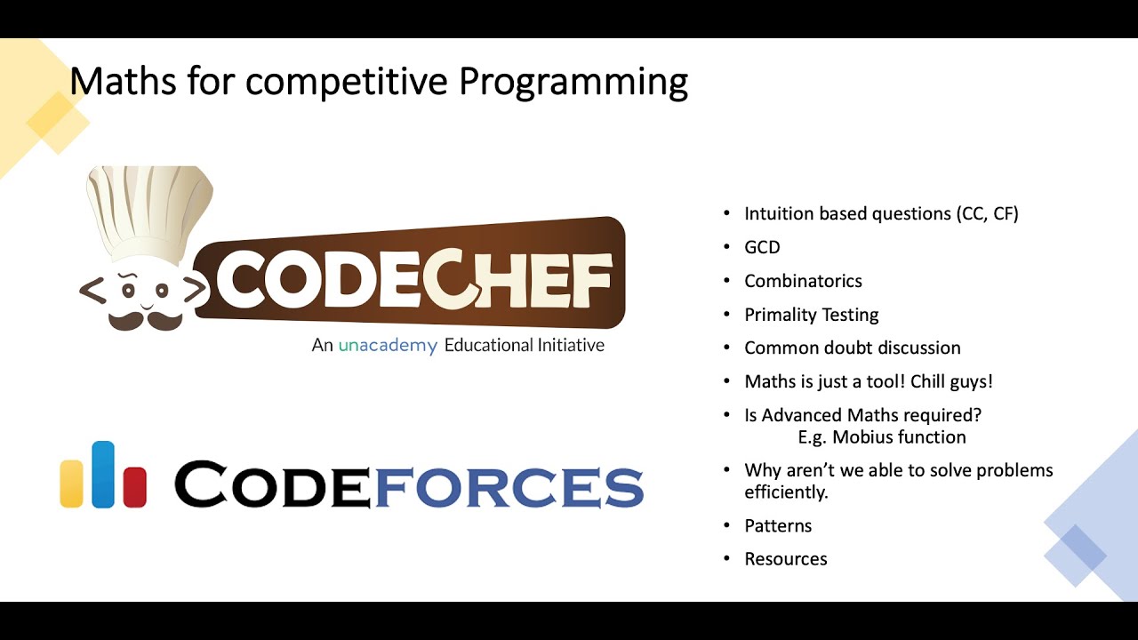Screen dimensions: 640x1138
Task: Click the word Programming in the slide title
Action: [573, 83]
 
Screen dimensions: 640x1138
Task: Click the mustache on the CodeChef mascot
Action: [146, 317]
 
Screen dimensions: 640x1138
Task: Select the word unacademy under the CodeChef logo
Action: [388, 346]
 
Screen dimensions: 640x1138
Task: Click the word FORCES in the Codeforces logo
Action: [508, 485]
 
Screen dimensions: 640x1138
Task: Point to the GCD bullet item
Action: [762, 247]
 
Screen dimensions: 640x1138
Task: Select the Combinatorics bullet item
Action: [803, 281]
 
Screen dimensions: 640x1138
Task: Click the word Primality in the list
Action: [779, 315]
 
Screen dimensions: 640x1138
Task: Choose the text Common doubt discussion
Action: [852, 348]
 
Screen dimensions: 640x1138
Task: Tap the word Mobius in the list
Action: [862, 437]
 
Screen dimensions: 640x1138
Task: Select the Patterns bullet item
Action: [778, 525]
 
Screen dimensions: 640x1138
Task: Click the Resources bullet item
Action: [785, 559]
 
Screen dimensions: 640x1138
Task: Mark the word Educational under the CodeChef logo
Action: [488, 345]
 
